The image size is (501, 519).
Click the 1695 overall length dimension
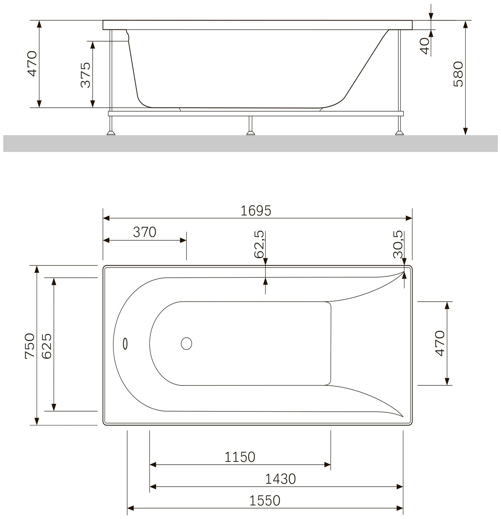[256, 211]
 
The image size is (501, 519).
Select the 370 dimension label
[144, 232]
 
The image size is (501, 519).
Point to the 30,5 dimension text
[398, 244]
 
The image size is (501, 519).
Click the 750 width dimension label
[30, 346]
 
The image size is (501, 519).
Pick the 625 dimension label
[47, 346]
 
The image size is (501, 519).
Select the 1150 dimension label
[240, 457]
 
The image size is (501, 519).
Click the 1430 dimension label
[280, 479]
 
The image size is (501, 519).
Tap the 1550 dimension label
[265, 501]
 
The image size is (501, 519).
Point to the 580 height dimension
[458, 74]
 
